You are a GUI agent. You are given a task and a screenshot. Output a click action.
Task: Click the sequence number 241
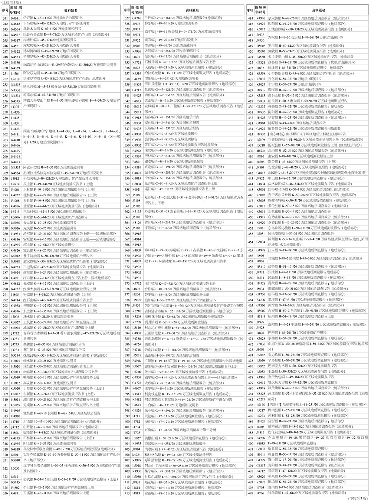pyautogui.click(x=5, y=18)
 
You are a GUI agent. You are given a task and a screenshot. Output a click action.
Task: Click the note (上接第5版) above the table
pyautogui.click(x=12, y=2)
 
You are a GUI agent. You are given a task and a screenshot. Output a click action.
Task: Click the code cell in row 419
pyautogui.click(x=261, y=46)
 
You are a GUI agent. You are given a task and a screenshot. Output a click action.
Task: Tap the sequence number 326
pyautogui.click(x=5, y=493)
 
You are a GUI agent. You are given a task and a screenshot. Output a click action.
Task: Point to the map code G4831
pyautogui.click(x=16, y=493)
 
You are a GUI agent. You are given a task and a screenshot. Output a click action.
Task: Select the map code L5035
pyautogui.click(x=16, y=468)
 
